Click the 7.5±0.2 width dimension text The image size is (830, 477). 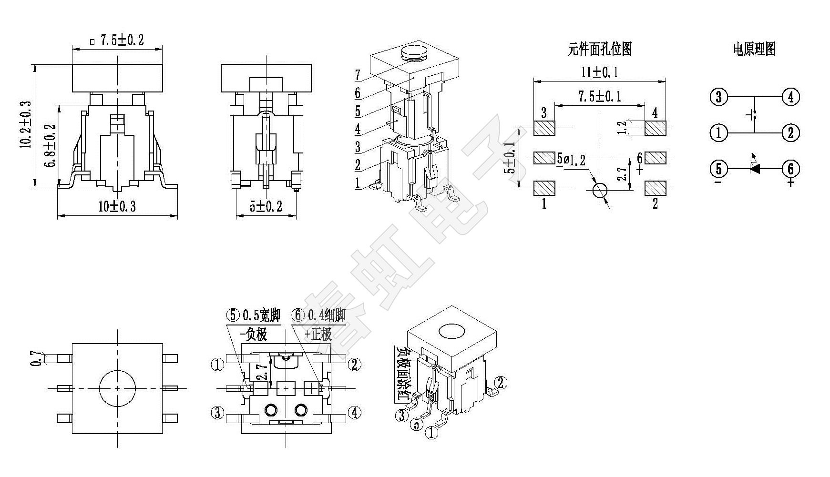122,41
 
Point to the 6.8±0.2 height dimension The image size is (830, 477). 50,145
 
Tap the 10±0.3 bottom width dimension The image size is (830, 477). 117,206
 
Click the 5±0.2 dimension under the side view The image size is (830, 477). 266,206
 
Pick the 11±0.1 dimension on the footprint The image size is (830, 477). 599,72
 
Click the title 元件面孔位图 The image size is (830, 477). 599,49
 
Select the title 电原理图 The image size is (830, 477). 754,49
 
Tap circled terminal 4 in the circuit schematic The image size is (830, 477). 790,97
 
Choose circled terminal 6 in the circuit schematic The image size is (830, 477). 790,169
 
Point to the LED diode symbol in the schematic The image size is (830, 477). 754,168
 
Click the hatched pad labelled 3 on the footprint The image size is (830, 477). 544,128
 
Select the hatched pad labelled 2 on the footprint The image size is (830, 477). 656,188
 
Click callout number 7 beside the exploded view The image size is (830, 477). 358,75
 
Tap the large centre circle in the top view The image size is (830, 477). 117,388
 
